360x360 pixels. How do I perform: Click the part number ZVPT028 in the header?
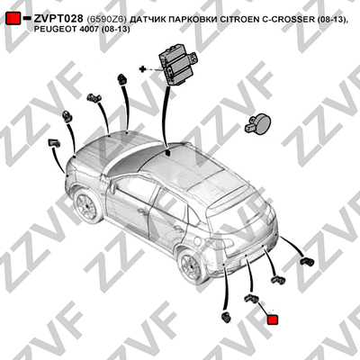[x=58, y=19]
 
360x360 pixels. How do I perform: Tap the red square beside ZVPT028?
[x=13, y=19]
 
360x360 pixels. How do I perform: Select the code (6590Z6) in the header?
[x=107, y=20]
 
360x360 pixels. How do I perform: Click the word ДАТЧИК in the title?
[x=148, y=20]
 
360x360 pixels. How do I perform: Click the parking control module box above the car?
[x=177, y=64]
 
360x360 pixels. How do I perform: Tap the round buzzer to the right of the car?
[x=258, y=122]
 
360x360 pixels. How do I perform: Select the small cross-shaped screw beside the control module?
[x=142, y=69]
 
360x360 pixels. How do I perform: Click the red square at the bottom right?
[x=273, y=319]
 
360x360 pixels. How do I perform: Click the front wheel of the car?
[x=86, y=206]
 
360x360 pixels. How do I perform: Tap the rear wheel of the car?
[x=191, y=266]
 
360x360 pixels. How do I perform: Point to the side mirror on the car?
[x=113, y=188]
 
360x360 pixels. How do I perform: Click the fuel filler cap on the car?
[x=197, y=241]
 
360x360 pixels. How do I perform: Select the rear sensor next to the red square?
[x=252, y=299]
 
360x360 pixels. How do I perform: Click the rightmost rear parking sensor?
[x=307, y=262]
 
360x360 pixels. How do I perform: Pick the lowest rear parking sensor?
[x=225, y=318]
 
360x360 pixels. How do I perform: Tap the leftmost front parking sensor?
[x=54, y=143]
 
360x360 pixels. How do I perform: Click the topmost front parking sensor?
[x=122, y=78]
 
